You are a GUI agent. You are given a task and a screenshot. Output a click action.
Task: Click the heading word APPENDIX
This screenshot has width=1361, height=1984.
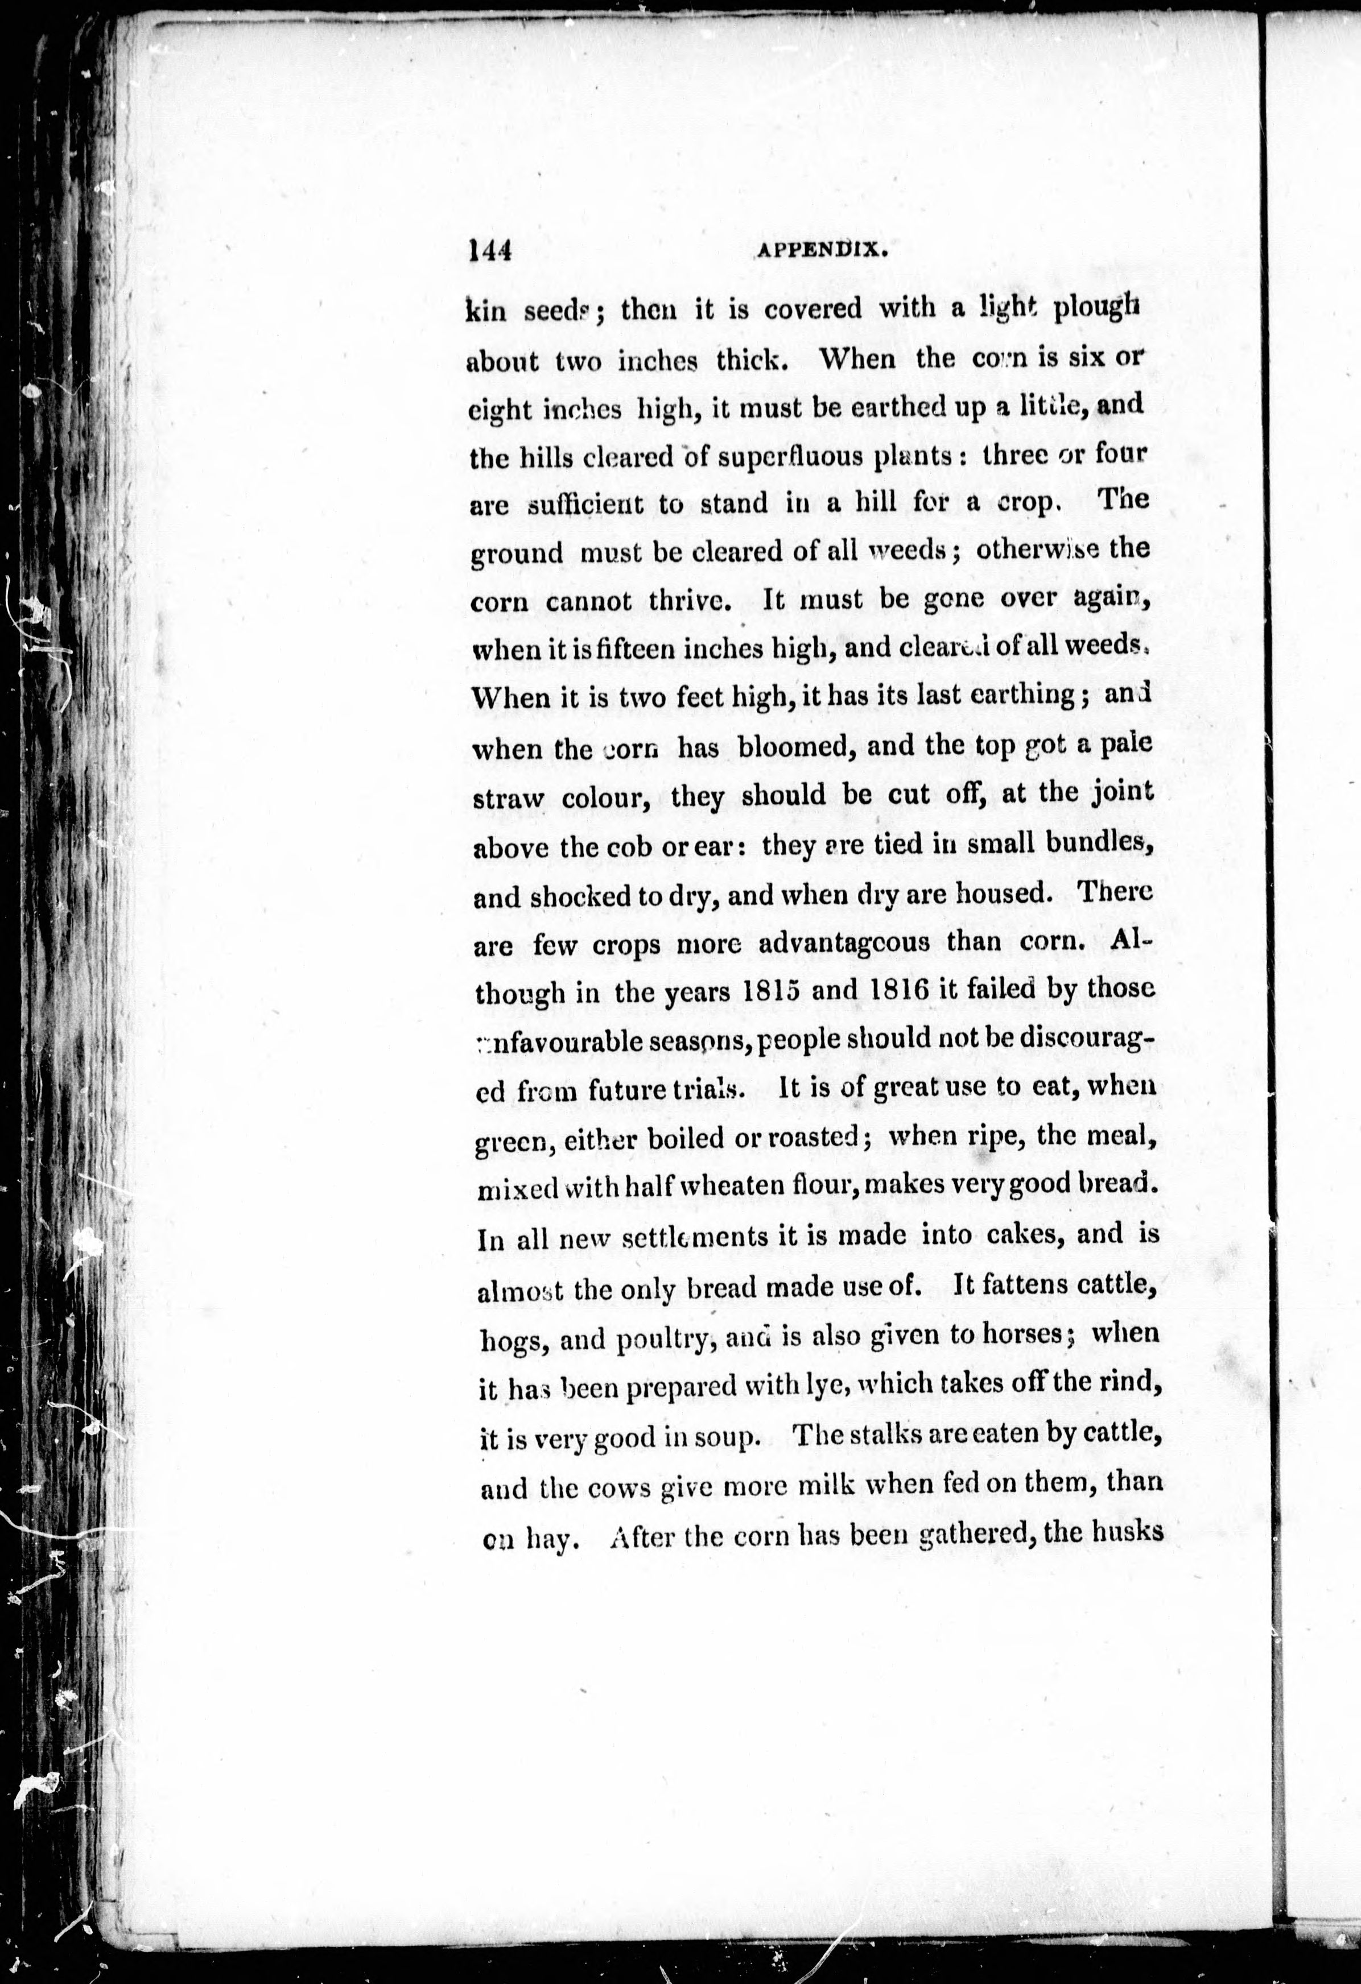tap(817, 250)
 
